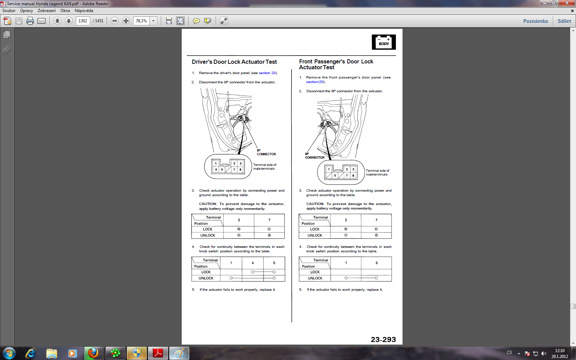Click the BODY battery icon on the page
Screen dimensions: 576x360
pyautogui.click(x=384, y=42)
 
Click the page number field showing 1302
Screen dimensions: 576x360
pyautogui.click(x=83, y=21)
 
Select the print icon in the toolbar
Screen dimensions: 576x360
pyautogui.click(x=30, y=21)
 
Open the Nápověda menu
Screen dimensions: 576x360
pyautogui.click(x=84, y=11)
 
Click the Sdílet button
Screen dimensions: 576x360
pyautogui.click(x=564, y=21)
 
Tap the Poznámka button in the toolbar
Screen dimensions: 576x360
pyautogui.click(x=536, y=21)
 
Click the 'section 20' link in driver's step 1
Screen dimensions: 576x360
pyautogui.click(x=267, y=73)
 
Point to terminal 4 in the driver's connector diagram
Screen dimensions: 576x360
pyautogui.click(x=216, y=169)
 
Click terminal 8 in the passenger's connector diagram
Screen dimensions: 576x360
pyautogui.click(x=353, y=176)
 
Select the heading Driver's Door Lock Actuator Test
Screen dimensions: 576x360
pyautogui.click(x=234, y=62)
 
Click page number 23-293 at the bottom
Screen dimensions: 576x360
pyautogui.click(x=383, y=339)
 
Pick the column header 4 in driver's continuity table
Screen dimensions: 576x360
pyautogui.click(x=253, y=263)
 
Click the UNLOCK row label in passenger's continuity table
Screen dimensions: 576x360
pyautogui.click(x=315, y=278)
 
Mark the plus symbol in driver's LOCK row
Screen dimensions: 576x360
pyautogui.click(x=239, y=229)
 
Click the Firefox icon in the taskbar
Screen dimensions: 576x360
pyautogui.click(x=93, y=353)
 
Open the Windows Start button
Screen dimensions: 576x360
pyautogui.click(x=9, y=353)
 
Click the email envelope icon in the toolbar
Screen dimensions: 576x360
pyautogui.click(x=41, y=21)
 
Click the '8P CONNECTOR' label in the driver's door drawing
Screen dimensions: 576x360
pyautogui.click(x=266, y=152)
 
